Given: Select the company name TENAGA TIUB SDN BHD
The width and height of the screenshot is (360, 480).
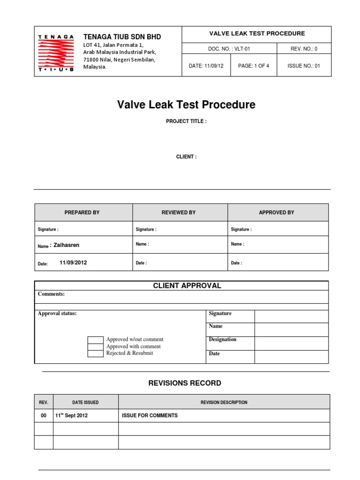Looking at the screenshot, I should point(122,37).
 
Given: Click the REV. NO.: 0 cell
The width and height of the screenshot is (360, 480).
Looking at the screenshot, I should point(304,49).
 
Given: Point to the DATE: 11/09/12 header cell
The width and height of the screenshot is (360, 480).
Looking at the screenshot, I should point(206,66).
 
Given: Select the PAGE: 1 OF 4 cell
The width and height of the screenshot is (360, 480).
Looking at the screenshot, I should point(254,66).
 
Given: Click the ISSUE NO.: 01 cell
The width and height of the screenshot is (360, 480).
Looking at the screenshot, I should point(304,66).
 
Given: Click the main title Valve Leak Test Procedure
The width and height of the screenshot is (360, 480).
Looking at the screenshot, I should point(186,105).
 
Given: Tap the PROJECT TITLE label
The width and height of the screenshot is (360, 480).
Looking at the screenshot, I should point(186,121).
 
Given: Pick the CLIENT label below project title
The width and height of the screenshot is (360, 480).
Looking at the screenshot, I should point(186,157).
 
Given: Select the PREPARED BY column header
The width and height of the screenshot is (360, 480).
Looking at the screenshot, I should point(82,213).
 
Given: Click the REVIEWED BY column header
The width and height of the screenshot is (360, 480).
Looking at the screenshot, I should point(179,213).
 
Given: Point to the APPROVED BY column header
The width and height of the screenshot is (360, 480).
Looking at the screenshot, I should point(277,213).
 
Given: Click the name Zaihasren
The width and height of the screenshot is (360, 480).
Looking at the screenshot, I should point(67,245).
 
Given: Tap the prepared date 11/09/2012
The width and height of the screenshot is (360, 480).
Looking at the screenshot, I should point(73,263).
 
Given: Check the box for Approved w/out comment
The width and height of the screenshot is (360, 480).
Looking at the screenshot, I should point(96,339).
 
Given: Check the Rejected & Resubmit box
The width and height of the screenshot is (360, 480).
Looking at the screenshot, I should point(96,353).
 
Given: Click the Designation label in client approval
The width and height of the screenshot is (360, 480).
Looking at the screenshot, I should point(222,339).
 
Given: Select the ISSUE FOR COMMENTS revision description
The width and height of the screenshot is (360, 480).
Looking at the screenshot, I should point(150,415).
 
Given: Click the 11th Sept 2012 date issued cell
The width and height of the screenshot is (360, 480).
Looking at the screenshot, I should point(71,415).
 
